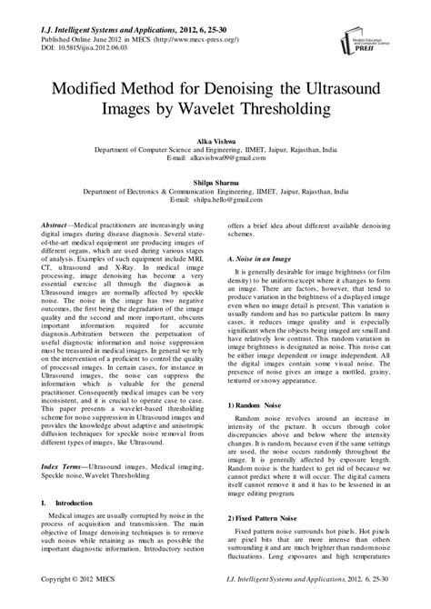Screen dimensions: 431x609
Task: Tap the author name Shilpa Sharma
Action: click(215, 183)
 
